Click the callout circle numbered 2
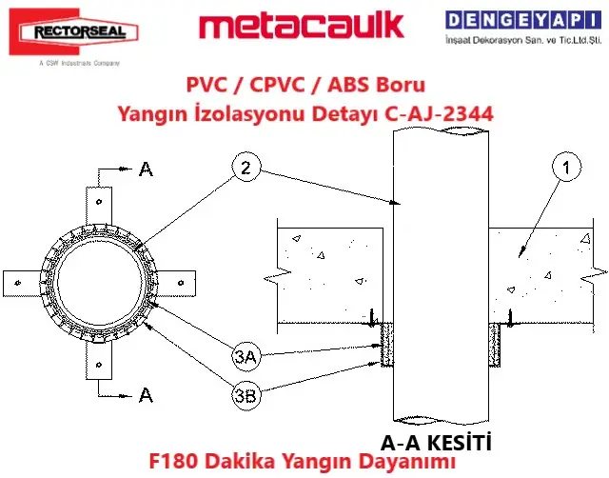point(246,169)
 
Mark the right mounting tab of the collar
point(179,282)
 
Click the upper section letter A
point(145,169)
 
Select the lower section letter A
point(145,393)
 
